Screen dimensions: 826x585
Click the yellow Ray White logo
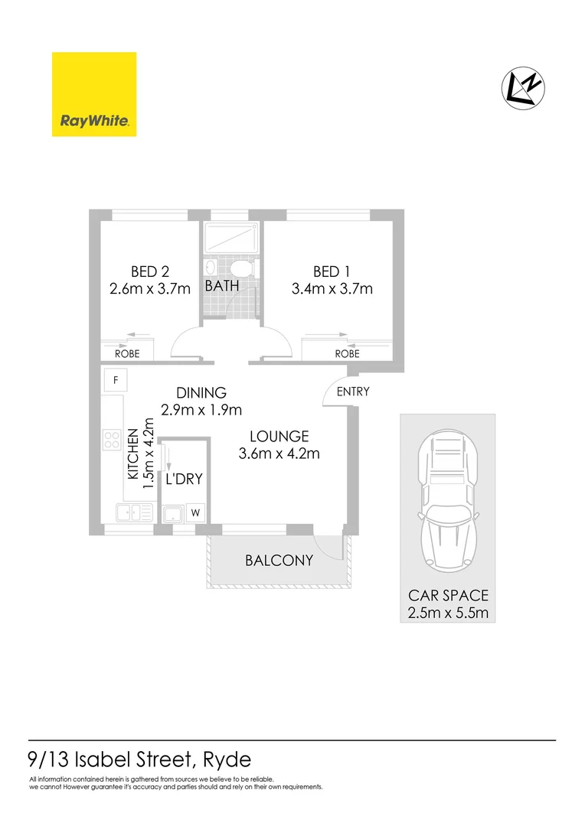point(94,94)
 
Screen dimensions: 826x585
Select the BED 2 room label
point(149,272)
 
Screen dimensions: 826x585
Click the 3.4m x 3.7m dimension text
point(332,289)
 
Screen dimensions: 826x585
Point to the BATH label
point(221,285)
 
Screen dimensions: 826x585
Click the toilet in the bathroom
point(241,268)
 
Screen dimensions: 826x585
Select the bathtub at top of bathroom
point(230,239)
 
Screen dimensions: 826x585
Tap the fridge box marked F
point(116,380)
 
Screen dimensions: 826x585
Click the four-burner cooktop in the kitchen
point(112,439)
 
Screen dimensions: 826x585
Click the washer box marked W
point(195,512)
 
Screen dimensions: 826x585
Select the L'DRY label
point(184,480)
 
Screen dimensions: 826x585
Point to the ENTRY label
point(353,392)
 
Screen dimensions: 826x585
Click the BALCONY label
point(279,560)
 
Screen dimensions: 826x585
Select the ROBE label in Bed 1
point(347,354)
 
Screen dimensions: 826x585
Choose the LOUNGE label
point(279,437)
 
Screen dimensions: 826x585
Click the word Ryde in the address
point(226,761)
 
